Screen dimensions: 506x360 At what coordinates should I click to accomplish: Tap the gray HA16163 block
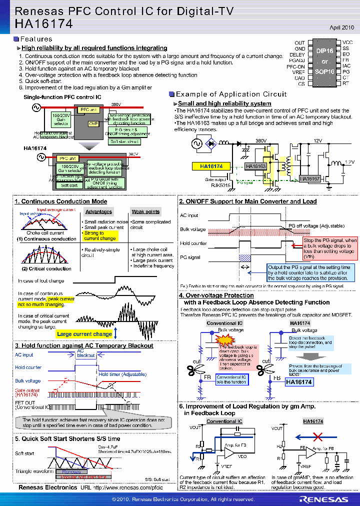(255, 166)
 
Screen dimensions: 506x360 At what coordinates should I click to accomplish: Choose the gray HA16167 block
(310, 178)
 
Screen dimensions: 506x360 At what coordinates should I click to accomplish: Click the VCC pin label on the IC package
(347, 43)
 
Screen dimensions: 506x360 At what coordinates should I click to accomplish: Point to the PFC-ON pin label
(295, 66)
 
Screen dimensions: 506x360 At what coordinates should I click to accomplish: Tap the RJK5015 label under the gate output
(220, 185)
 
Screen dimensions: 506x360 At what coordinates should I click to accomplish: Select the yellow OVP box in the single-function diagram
(93, 123)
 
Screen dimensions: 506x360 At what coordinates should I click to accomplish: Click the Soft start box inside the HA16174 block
(69, 185)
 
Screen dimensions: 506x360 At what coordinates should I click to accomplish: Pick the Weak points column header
(145, 211)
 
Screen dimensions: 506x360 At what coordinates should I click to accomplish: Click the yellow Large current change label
(84, 334)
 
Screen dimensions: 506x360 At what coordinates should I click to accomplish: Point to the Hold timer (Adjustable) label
(122, 374)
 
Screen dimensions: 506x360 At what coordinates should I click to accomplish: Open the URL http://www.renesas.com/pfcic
(128, 487)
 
